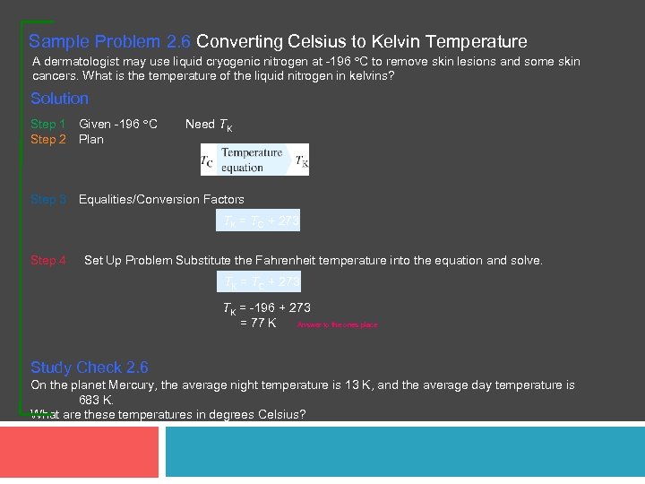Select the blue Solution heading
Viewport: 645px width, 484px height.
(x=59, y=99)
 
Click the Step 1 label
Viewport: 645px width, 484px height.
(x=48, y=124)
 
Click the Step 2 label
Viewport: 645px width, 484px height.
(x=48, y=139)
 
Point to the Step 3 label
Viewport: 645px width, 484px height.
(x=48, y=199)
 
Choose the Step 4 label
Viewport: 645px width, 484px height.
(x=48, y=260)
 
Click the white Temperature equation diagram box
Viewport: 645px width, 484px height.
(x=254, y=160)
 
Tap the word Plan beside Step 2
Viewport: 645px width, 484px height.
(x=91, y=139)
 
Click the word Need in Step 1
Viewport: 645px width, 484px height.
(x=200, y=124)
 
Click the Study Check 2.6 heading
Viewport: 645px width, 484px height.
(x=90, y=367)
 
